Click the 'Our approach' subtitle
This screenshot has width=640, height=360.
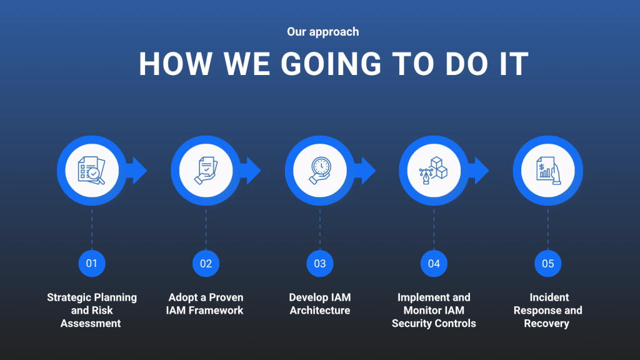323,32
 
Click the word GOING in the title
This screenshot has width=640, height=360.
331,64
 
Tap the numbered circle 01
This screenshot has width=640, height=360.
92,264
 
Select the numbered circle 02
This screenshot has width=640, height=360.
206,264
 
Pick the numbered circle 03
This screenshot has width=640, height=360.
320,264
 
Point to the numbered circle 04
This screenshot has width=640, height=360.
434,264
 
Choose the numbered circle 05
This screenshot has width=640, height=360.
547,264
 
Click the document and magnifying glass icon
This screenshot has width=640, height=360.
92,171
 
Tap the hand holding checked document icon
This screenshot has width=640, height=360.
206,171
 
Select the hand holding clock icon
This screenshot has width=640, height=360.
320,171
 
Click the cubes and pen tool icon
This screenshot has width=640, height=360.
434,171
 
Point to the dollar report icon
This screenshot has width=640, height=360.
548,171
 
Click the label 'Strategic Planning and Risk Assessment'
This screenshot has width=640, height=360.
92,310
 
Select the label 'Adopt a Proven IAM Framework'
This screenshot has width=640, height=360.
205,304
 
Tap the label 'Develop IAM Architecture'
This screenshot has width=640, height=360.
320,304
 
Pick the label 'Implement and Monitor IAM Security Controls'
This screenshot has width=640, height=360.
434,310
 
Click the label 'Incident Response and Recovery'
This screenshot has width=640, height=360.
547,310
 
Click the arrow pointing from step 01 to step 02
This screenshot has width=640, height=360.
137,171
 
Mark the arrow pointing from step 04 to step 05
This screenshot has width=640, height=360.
479,171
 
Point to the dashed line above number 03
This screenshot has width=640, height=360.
320,229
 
